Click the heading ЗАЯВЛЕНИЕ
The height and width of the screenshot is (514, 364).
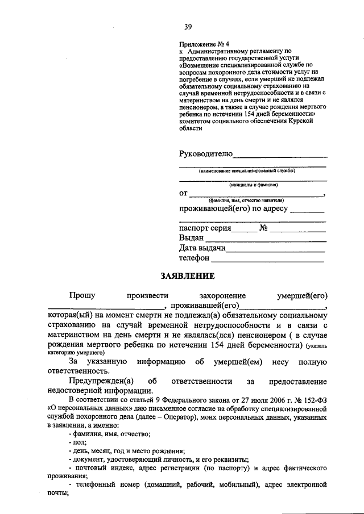187,277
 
